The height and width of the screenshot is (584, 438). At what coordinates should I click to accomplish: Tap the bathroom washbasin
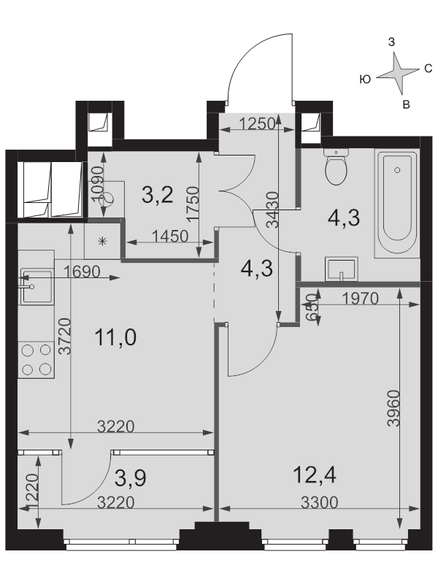[x=341, y=269]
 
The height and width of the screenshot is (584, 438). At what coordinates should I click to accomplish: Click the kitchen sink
[x=36, y=286]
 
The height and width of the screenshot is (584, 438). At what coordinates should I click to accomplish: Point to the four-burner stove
[x=36, y=360]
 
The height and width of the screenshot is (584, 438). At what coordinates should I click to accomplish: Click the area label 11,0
[x=115, y=337]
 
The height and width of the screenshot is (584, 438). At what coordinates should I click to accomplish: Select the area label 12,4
[x=315, y=475]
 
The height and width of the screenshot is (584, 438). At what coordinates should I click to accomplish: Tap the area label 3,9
[x=131, y=478]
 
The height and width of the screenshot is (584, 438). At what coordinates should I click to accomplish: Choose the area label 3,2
[x=158, y=195]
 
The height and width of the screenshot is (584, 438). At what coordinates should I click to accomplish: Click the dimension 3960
[x=393, y=408]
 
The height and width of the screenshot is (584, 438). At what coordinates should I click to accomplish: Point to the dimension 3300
[x=320, y=502]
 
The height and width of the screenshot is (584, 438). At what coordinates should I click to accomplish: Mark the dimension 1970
[x=360, y=298]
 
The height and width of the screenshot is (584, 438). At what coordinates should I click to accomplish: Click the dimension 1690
[x=82, y=272]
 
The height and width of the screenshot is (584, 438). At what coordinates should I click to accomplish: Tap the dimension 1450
[x=170, y=236]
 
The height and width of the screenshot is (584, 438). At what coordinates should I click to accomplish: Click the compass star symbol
[x=397, y=73]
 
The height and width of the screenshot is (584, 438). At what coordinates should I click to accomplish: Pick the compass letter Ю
[x=366, y=80]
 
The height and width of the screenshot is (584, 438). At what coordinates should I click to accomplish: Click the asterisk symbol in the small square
[x=102, y=242]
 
